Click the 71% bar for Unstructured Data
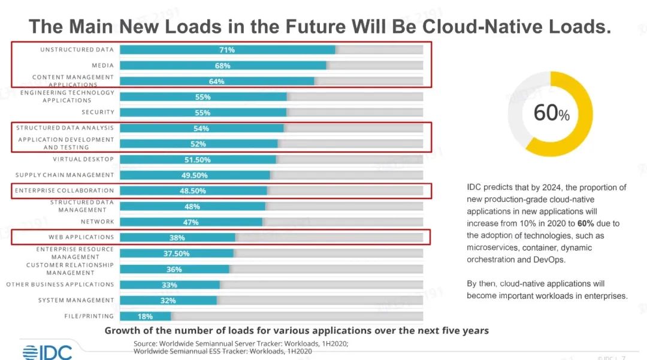tap(227, 50)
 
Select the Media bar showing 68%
tap(223, 65)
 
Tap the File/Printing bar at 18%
tap(146, 316)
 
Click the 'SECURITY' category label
tap(98, 112)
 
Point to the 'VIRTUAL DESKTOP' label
tap(83, 159)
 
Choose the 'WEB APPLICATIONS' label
tap(81, 237)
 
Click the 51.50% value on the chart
tap(197, 160)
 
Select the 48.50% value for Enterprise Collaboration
tap(193, 191)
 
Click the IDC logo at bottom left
tap(47, 352)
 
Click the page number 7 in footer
tap(624, 358)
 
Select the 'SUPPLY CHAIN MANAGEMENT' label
tap(65, 175)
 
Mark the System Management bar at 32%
tap(168, 301)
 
